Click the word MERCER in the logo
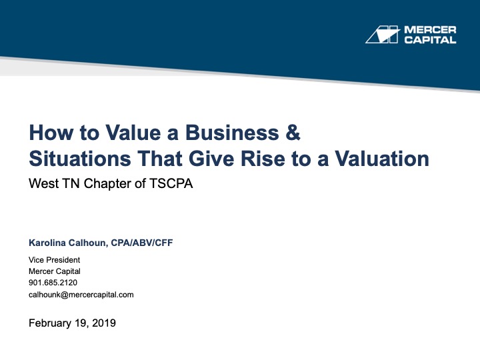click(x=431, y=30)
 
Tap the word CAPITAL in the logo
click(x=431, y=40)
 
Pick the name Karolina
click(x=50, y=243)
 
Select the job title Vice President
click(x=54, y=260)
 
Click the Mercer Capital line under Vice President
click(x=54, y=271)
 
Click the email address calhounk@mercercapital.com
click(x=81, y=294)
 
